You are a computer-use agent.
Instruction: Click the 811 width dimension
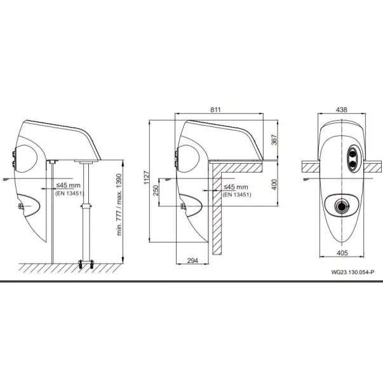pos(215,110)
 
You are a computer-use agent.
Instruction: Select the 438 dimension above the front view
pos(341,110)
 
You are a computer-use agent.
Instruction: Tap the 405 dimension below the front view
pos(342,253)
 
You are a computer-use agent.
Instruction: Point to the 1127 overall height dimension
pos(146,178)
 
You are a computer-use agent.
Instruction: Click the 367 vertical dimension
pos(274,140)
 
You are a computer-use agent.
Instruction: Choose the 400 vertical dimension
pos(274,185)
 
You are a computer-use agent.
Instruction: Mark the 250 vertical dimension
pos(156,191)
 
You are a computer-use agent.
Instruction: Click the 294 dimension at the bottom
pos(192,260)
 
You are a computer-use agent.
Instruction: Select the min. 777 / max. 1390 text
pos(119,205)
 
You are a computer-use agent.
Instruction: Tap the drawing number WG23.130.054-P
pos(353,272)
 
